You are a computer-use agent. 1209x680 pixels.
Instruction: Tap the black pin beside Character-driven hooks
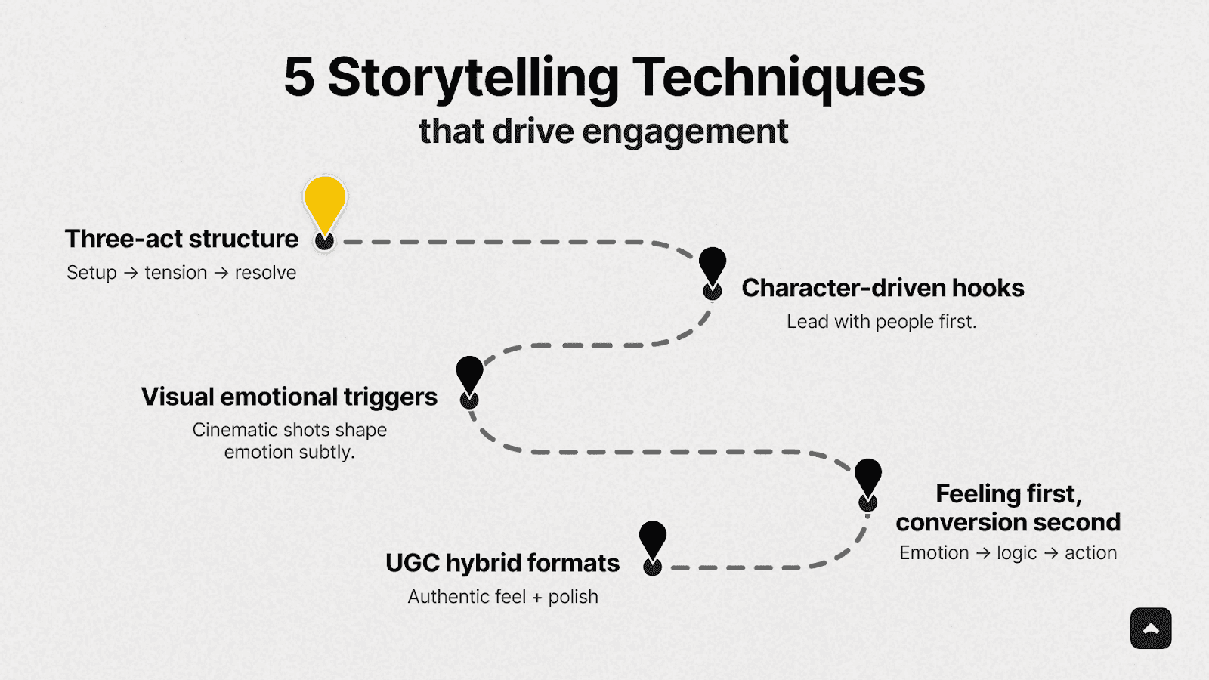(x=712, y=267)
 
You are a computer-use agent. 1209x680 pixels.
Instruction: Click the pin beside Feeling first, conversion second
(x=867, y=478)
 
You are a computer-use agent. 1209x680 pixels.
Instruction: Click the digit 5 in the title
(x=298, y=77)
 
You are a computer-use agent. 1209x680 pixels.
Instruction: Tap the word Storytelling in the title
(x=473, y=79)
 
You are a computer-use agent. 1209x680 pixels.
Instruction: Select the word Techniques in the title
(x=778, y=79)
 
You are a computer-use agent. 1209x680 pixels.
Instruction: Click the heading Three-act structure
(x=181, y=239)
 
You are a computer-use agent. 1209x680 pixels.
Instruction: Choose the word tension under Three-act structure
(x=175, y=273)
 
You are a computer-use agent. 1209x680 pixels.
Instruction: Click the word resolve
(x=265, y=273)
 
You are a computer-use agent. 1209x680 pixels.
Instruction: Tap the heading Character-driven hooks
(x=883, y=288)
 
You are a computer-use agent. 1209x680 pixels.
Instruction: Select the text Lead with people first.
(x=881, y=322)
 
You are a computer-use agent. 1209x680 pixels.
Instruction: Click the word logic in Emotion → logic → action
(x=1016, y=553)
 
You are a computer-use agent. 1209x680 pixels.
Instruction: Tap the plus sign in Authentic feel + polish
(x=537, y=597)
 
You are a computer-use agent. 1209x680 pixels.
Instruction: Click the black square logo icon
(x=1151, y=629)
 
